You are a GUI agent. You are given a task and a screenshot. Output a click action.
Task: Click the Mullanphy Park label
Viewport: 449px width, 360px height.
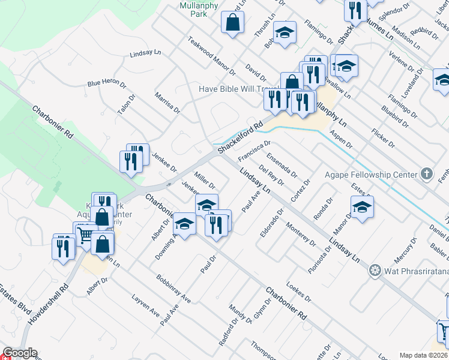[193, 9]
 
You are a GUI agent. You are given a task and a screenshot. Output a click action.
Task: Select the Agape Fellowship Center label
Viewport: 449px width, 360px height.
[370, 175]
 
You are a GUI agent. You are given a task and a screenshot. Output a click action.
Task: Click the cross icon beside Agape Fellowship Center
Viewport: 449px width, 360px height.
[426, 174]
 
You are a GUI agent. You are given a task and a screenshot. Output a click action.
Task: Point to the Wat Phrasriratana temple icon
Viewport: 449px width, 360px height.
[376, 271]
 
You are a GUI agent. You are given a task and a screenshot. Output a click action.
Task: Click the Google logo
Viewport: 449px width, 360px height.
[19, 353]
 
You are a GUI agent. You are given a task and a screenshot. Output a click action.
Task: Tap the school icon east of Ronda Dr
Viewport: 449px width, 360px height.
[363, 208]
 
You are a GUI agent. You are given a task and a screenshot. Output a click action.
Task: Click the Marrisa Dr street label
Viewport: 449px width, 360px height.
[167, 103]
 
